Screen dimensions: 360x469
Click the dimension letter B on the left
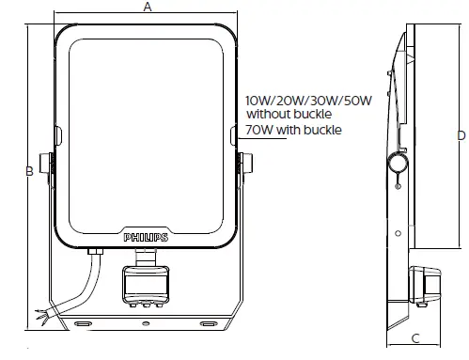(x=29, y=170)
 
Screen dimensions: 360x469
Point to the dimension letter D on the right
(x=461, y=135)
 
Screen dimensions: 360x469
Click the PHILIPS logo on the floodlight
(x=146, y=239)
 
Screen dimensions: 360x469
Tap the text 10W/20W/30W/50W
(x=308, y=100)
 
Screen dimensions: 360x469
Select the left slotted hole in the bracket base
(x=83, y=322)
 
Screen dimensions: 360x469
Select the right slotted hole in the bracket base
(x=208, y=322)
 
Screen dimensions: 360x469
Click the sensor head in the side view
(x=420, y=282)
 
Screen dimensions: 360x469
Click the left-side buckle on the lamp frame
(x=58, y=138)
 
